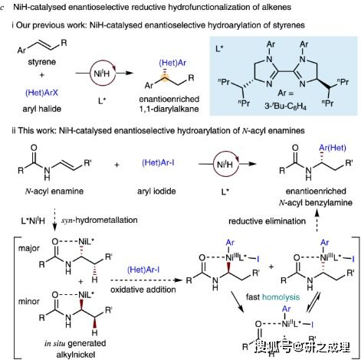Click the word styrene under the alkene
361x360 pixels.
point(41,62)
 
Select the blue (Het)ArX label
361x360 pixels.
point(41,93)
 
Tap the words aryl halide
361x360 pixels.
point(41,109)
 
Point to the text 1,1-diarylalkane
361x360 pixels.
point(169,109)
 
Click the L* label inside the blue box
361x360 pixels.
point(219,48)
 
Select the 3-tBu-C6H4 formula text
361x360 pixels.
point(285,106)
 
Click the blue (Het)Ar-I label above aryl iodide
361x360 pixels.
point(158,162)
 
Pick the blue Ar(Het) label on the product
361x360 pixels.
point(333,148)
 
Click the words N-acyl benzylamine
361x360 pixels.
point(316,203)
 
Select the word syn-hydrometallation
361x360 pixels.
point(100,220)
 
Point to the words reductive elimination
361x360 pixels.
point(267,221)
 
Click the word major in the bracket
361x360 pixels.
point(29,248)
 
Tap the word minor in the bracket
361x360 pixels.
point(29,301)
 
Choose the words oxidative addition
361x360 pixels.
point(143,290)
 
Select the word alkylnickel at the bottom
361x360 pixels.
point(76,355)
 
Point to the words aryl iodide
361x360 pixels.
point(156,191)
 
